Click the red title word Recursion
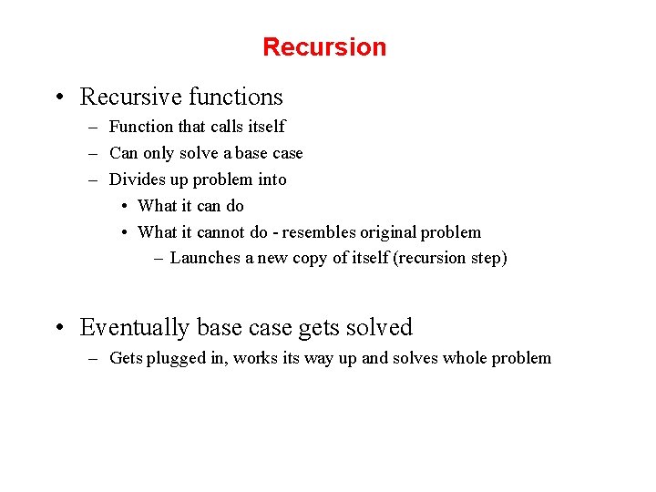[324, 47]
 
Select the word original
[386, 232]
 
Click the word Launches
[205, 258]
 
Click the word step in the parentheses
[487, 259]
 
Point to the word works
[256, 358]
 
